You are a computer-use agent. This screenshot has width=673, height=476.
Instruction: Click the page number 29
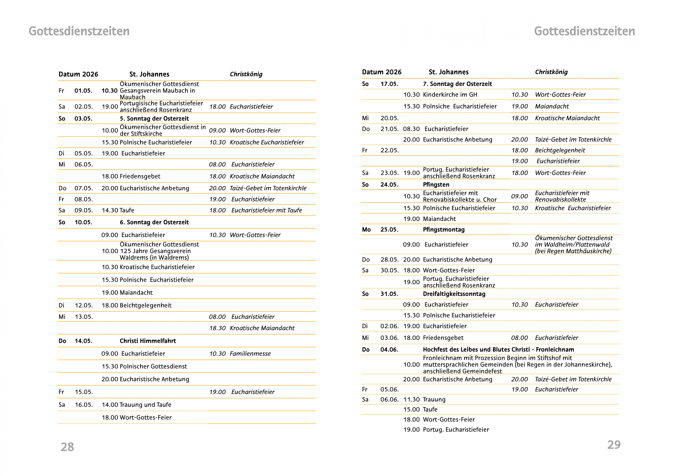pos(614,445)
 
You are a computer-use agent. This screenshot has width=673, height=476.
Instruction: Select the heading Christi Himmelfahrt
pos(148,341)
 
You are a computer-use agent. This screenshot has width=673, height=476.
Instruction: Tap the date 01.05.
pos(83,91)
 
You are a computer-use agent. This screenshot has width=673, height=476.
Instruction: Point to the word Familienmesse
pos(250,354)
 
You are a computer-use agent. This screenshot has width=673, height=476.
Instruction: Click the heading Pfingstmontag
pos(443,229)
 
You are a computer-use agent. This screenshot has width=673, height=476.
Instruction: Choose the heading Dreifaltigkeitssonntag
pos(454,294)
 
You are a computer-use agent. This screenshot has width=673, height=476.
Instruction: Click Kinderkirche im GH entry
pos(450,94)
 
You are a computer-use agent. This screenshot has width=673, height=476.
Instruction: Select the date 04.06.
pos(389,349)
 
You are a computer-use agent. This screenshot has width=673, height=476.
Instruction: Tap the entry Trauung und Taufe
pos(145,405)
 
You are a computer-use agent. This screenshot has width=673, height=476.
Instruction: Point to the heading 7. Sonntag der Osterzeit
pos(457,84)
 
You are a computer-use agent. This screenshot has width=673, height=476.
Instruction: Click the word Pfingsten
pos(436,185)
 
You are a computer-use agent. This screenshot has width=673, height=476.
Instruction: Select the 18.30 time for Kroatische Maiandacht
pos(217,328)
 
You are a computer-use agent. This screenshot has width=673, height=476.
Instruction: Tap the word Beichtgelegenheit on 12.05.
pos(145,305)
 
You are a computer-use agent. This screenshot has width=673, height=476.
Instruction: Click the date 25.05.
pos(389,229)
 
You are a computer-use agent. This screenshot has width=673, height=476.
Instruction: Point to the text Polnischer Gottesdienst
pos(153,366)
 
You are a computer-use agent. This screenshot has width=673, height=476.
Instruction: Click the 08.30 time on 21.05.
pos(411,129)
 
